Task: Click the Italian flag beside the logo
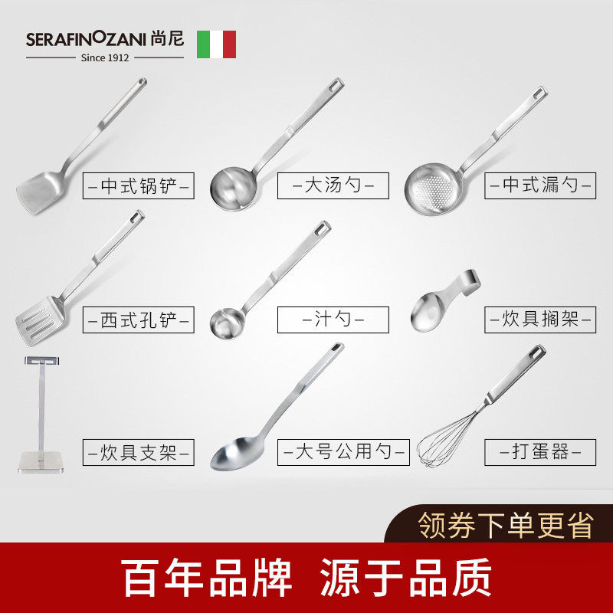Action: click(216, 44)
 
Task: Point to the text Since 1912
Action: click(106, 57)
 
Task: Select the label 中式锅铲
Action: click(139, 186)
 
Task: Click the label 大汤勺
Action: click(333, 186)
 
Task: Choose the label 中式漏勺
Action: click(540, 186)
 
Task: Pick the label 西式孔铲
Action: click(139, 319)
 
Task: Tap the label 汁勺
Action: click(333, 319)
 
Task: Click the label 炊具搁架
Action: click(540, 319)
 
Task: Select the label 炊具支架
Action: click(139, 452)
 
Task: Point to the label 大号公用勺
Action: click(344, 452)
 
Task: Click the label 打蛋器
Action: click(540, 452)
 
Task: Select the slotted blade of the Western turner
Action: click(36, 320)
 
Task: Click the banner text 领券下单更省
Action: click(506, 525)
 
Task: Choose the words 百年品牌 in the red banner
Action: click(208, 578)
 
